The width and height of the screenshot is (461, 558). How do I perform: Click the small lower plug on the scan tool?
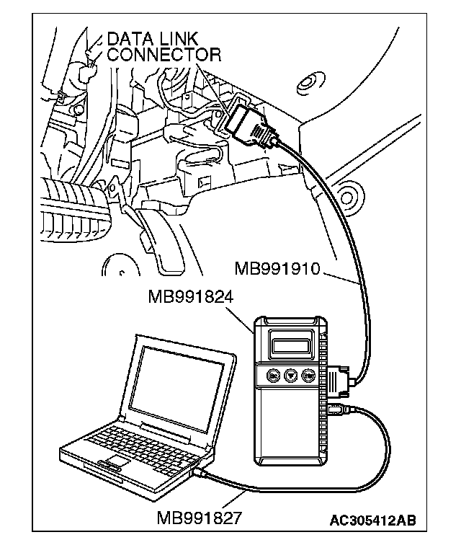[339, 410]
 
